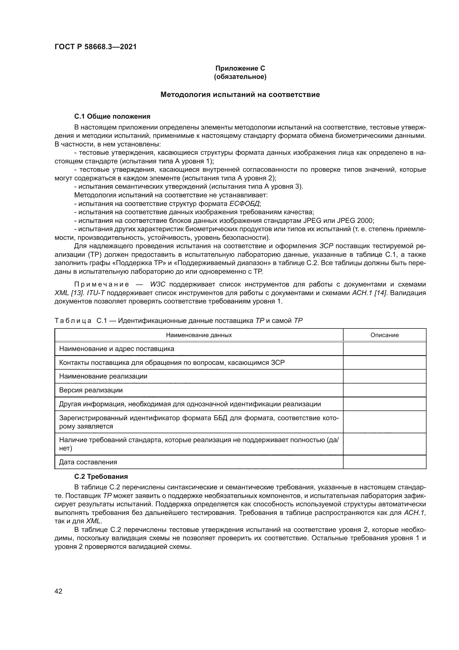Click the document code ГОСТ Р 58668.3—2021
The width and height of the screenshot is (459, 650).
click(x=95, y=47)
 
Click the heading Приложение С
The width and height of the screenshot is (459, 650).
click(x=240, y=68)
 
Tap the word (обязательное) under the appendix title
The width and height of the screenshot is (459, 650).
click(x=240, y=77)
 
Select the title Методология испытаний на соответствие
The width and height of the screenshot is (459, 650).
click(x=240, y=94)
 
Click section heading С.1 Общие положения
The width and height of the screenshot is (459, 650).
click(x=112, y=116)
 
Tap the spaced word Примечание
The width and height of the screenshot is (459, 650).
click(x=102, y=284)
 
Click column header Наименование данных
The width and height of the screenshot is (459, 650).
click(x=199, y=335)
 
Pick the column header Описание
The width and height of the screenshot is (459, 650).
click(x=384, y=335)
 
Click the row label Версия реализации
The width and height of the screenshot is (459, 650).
click(x=91, y=390)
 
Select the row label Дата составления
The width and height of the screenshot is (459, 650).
click(x=88, y=462)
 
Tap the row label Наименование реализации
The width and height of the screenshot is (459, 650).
click(x=103, y=376)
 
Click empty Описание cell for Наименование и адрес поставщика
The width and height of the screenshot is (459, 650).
click(x=384, y=349)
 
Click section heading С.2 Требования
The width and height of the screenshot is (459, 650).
click(x=101, y=477)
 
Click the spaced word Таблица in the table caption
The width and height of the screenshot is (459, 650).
click(x=73, y=321)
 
